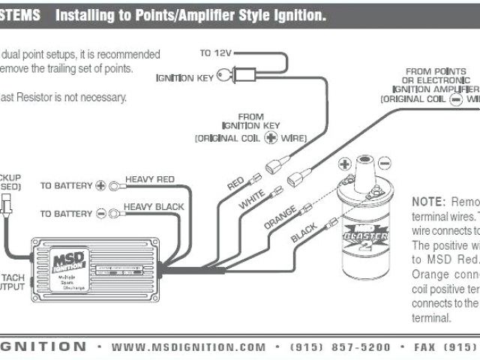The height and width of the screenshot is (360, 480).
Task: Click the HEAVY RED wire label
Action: (x=150, y=179)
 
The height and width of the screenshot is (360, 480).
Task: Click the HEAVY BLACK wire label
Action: (x=153, y=206)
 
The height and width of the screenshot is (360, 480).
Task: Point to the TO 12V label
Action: (x=216, y=54)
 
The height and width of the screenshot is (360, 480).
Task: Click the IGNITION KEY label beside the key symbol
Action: (x=183, y=78)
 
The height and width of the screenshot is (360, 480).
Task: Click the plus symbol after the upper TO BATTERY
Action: (x=101, y=185)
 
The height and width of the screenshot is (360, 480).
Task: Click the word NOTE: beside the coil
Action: (x=428, y=202)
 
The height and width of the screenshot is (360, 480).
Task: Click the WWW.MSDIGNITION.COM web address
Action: (x=188, y=347)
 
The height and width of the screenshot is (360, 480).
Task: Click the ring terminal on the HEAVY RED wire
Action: (x=115, y=185)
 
